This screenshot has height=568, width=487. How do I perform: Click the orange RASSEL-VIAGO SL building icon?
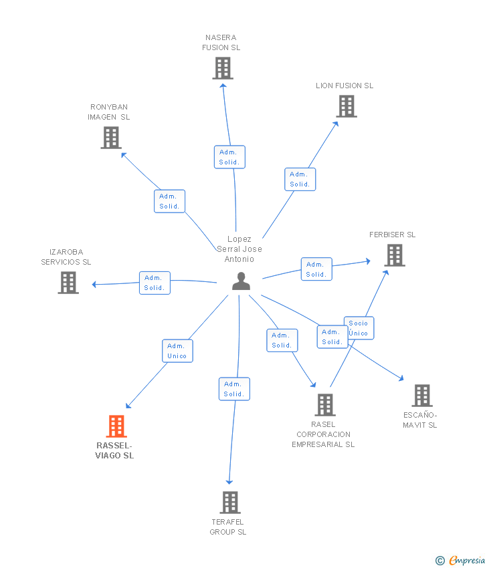pos(116,426)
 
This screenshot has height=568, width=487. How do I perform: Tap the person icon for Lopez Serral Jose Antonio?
pos(241,281)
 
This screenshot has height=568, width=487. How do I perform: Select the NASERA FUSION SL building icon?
pos(223,68)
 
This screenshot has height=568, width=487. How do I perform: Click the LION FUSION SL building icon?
pos(346,106)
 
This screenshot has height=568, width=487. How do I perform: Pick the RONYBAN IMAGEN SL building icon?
pos(110,138)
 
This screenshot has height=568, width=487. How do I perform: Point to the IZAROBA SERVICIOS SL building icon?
pos(68,283)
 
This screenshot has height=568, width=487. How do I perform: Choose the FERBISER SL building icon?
pos(395,255)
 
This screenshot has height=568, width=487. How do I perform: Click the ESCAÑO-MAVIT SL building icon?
pos(421,396)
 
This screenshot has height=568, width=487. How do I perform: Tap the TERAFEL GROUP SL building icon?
pos(229,503)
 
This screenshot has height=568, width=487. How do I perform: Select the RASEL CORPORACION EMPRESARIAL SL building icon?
pos(325,405)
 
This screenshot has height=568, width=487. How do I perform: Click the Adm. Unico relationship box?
pos(177,351)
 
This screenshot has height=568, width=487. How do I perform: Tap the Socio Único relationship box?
pos(359,328)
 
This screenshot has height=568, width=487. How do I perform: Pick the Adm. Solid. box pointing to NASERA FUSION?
pos(229,157)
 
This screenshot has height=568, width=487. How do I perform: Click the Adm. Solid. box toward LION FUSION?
pos(300,179)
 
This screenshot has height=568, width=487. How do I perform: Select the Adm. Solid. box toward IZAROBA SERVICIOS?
pos(155,283)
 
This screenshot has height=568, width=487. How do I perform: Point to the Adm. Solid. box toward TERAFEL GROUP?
pos(234,389)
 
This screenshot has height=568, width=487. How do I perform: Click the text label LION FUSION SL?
pos(345,86)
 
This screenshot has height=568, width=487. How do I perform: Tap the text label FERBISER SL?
pos(393,235)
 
